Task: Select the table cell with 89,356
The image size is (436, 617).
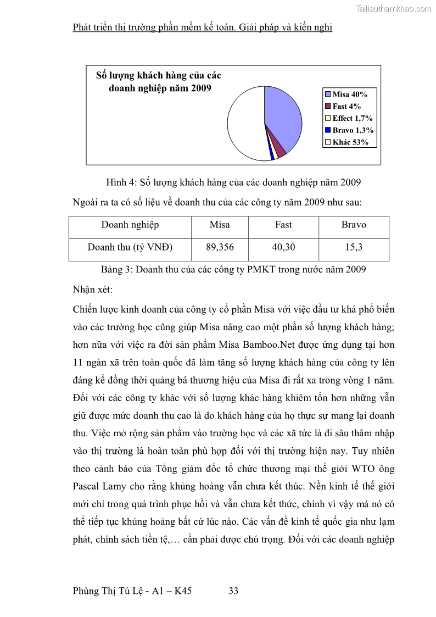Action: click(220, 247)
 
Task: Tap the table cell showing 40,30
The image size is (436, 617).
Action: click(283, 247)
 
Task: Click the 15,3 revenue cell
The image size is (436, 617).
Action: click(354, 247)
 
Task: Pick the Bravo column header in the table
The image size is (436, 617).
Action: click(354, 225)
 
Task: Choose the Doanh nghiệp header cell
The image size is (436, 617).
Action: click(130, 225)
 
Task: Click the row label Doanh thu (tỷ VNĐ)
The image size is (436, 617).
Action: click(130, 247)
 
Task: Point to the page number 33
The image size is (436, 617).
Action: click(233, 591)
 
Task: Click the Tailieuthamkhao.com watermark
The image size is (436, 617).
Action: click(394, 8)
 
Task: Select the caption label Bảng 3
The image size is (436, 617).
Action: click(116, 269)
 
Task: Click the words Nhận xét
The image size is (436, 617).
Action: click(92, 289)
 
